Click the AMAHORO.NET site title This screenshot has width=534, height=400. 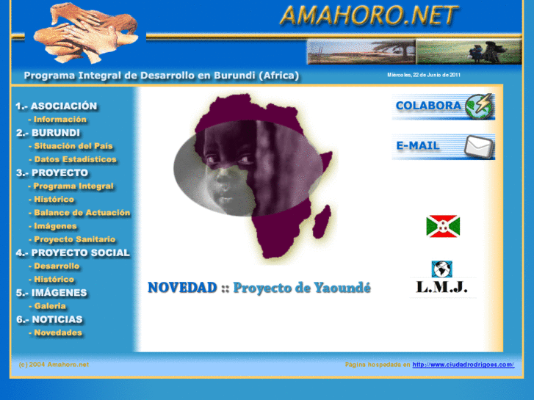(x=369, y=16)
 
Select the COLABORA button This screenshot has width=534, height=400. (x=443, y=106)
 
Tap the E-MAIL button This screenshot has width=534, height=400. (x=443, y=146)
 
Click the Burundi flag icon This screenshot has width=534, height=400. (x=442, y=226)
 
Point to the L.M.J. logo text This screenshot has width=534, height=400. (x=442, y=287)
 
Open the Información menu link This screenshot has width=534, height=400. (x=59, y=120)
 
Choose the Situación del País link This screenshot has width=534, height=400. (x=73, y=146)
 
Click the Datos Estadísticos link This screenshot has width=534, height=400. (x=75, y=159)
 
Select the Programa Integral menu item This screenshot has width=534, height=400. (x=73, y=186)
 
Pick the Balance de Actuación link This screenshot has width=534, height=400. (x=82, y=213)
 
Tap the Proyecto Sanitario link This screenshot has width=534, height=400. (x=74, y=239)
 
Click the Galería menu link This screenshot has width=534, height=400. (x=50, y=306)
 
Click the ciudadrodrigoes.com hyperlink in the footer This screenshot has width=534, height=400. (x=463, y=365)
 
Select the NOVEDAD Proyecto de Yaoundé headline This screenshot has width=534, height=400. (x=259, y=288)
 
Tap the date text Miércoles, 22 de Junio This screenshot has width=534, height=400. (x=424, y=75)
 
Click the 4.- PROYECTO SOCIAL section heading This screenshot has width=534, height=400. (x=73, y=252)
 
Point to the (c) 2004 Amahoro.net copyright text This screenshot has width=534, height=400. (x=54, y=365)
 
